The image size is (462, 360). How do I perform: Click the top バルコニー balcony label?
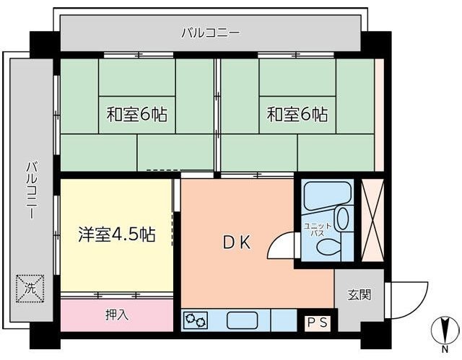[210, 32]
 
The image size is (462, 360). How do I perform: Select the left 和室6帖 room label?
[136, 114]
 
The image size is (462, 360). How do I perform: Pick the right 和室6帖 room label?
[297, 114]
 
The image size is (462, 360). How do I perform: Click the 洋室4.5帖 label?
[116, 234]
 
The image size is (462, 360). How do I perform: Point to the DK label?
[235, 243]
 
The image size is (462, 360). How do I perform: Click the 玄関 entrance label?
[359, 294]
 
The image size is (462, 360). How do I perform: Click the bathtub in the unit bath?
[326, 195]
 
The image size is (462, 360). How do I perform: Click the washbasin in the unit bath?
[342, 218]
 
